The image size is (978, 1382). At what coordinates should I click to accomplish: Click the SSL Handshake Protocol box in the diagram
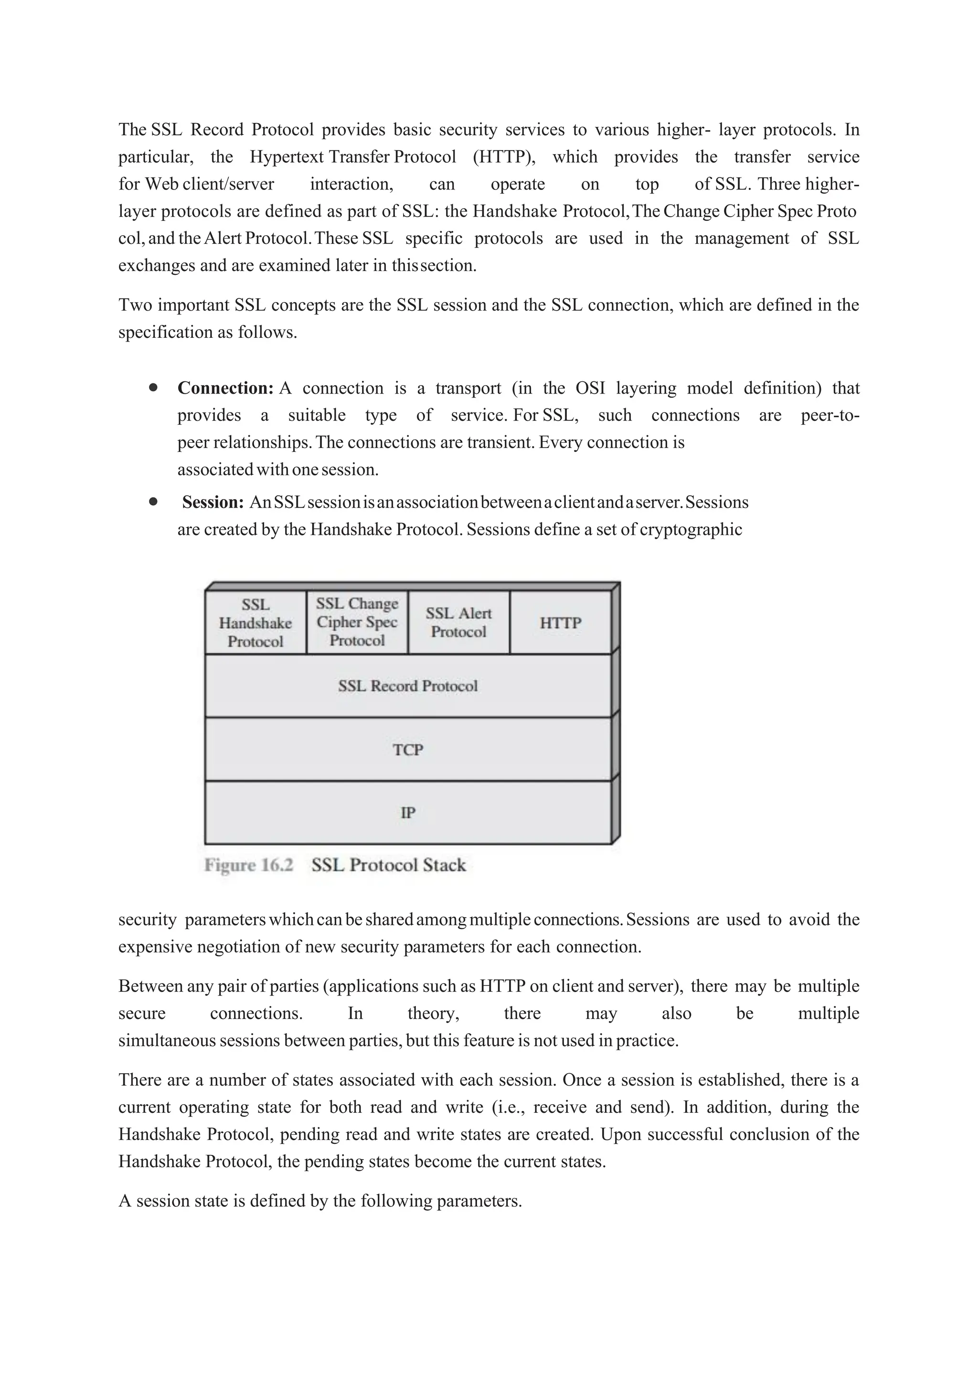pyautogui.click(x=255, y=622)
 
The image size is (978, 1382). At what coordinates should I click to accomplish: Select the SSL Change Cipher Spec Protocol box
pyautogui.click(x=357, y=622)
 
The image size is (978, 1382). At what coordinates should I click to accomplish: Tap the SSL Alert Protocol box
pyautogui.click(x=458, y=622)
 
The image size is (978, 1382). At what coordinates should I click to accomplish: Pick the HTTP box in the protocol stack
pyautogui.click(x=560, y=622)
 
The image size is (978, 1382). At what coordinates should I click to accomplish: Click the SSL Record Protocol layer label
pyautogui.click(x=408, y=686)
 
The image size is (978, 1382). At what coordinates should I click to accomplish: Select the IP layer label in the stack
pyautogui.click(x=408, y=813)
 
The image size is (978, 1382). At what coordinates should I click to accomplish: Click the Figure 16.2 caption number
pyautogui.click(x=249, y=865)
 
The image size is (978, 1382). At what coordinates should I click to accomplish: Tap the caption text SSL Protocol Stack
pyautogui.click(x=388, y=865)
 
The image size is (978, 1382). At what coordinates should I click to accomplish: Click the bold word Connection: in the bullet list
pyautogui.click(x=226, y=388)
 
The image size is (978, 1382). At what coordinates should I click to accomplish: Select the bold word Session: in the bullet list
pyautogui.click(x=213, y=502)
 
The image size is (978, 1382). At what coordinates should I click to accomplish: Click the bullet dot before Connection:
pyautogui.click(x=154, y=387)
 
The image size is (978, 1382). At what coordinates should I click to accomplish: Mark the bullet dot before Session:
pyautogui.click(x=154, y=501)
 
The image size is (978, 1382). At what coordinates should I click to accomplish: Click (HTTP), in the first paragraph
pyautogui.click(x=504, y=157)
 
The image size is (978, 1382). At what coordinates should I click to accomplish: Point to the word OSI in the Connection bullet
pyautogui.click(x=590, y=388)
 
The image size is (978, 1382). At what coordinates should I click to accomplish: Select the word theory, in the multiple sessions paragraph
pyautogui.click(x=434, y=1014)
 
